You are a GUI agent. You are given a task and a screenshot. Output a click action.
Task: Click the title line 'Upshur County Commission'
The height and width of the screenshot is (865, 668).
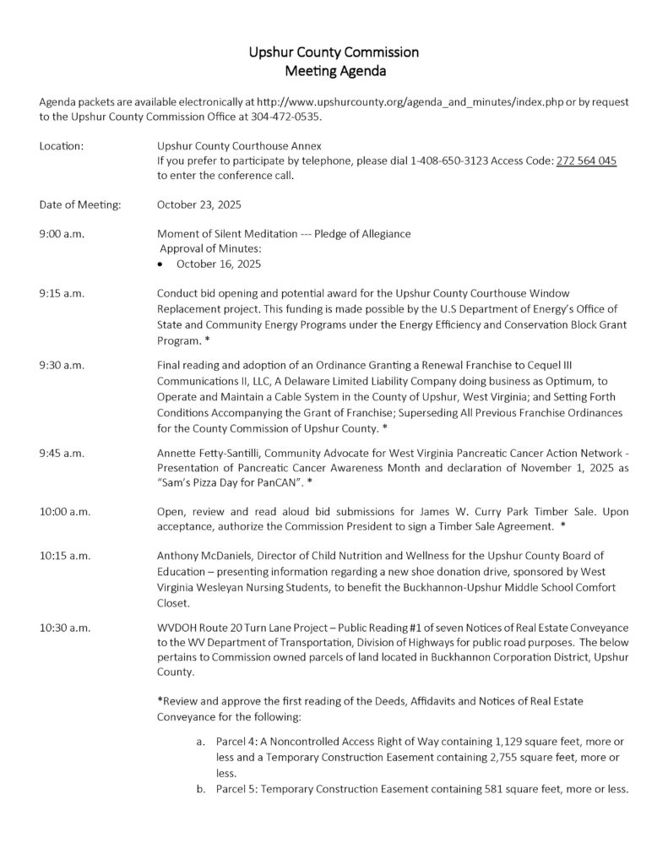pyautogui.click(x=334, y=52)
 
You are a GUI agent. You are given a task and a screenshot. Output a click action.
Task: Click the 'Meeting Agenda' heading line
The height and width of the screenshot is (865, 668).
pyautogui.click(x=334, y=71)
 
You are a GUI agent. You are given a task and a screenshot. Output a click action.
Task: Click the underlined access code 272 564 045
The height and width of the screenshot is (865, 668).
pyautogui.click(x=586, y=160)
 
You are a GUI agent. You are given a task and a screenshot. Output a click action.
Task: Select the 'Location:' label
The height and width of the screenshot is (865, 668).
pyautogui.click(x=61, y=146)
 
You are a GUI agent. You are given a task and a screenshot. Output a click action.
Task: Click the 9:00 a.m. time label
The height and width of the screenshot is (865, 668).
pyautogui.click(x=62, y=233)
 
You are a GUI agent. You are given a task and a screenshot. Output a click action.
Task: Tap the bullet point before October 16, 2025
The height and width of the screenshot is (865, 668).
pyautogui.click(x=161, y=264)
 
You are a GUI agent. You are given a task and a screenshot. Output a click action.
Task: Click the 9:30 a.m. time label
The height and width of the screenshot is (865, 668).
pyautogui.click(x=62, y=365)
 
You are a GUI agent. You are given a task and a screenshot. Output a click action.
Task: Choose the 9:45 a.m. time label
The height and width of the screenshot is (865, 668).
pyautogui.click(x=62, y=453)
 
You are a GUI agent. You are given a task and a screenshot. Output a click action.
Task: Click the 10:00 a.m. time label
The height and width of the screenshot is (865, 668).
pyautogui.click(x=64, y=512)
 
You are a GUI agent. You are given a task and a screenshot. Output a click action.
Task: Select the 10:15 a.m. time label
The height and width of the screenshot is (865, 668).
pyautogui.click(x=64, y=556)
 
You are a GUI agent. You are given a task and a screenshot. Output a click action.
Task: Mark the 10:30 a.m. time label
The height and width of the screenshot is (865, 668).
pyautogui.click(x=64, y=628)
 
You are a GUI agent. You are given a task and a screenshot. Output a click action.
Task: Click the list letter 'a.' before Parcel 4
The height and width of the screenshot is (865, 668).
pyautogui.click(x=200, y=742)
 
